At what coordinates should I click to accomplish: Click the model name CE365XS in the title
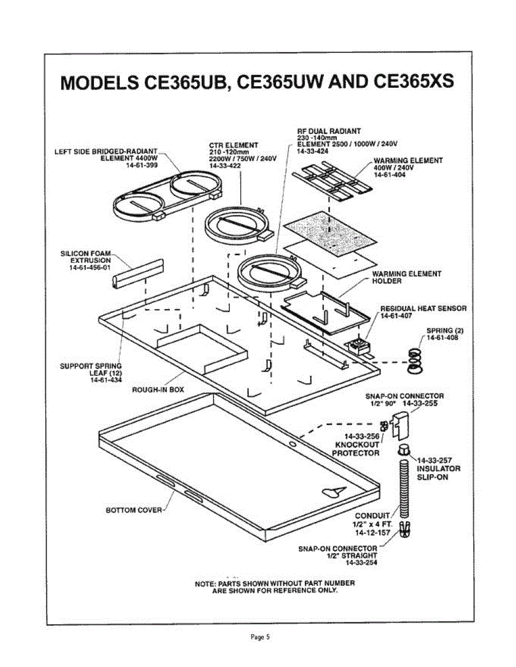pyautogui.click(x=413, y=82)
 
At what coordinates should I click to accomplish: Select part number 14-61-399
pyautogui.click(x=141, y=165)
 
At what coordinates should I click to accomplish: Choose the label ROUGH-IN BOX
pyautogui.click(x=158, y=390)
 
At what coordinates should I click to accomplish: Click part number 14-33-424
pyautogui.click(x=313, y=151)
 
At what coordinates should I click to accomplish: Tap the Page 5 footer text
pyautogui.click(x=258, y=637)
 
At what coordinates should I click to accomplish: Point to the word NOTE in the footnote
pyautogui.click(x=205, y=583)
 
